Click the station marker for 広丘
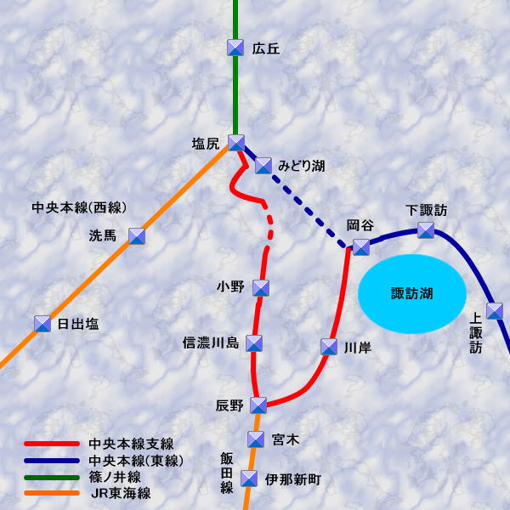[x=236, y=48]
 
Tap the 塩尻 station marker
[x=236, y=143]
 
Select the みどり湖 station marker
[x=263, y=165]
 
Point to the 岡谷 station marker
[x=361, y=246]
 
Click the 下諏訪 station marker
[x=426, y=230]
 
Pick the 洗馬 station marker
[x=136, y=236]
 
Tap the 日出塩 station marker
[x=42, y=324]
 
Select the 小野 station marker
[x=261, y=288]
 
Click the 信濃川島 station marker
[x=254, y=343]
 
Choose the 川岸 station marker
[x=329, y=347]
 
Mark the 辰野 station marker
[x=258, y=405]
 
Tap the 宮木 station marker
[x=256, y=439]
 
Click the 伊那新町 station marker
[x=249, y=479]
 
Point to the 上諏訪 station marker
[x=495, y=311]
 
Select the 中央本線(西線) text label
[x=79, y=207]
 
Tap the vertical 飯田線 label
[x=227, y=473]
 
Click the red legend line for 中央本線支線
[x=52, y=444]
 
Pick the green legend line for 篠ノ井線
[x=52, y=477]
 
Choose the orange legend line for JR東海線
[x=52, y=493]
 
